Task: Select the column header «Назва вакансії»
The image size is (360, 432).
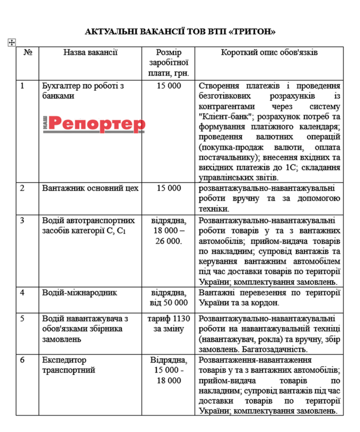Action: [x=90, y=53]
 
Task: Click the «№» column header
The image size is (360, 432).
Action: [x=28, y=53]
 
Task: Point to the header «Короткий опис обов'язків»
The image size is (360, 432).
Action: [x=269, y=53]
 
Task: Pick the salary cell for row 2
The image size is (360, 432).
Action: [x=169, y=188]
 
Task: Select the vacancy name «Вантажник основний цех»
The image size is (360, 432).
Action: [x=90, y=188]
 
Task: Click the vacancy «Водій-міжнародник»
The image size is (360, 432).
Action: [x=80, y=292]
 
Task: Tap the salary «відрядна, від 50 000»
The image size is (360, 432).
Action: [x=169, y=297]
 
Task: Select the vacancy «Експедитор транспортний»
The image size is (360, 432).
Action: [x=69, y=365]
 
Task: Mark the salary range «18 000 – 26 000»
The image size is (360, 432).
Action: [x=169, y=236]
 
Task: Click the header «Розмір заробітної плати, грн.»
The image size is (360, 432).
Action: [x=169, y=62]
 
